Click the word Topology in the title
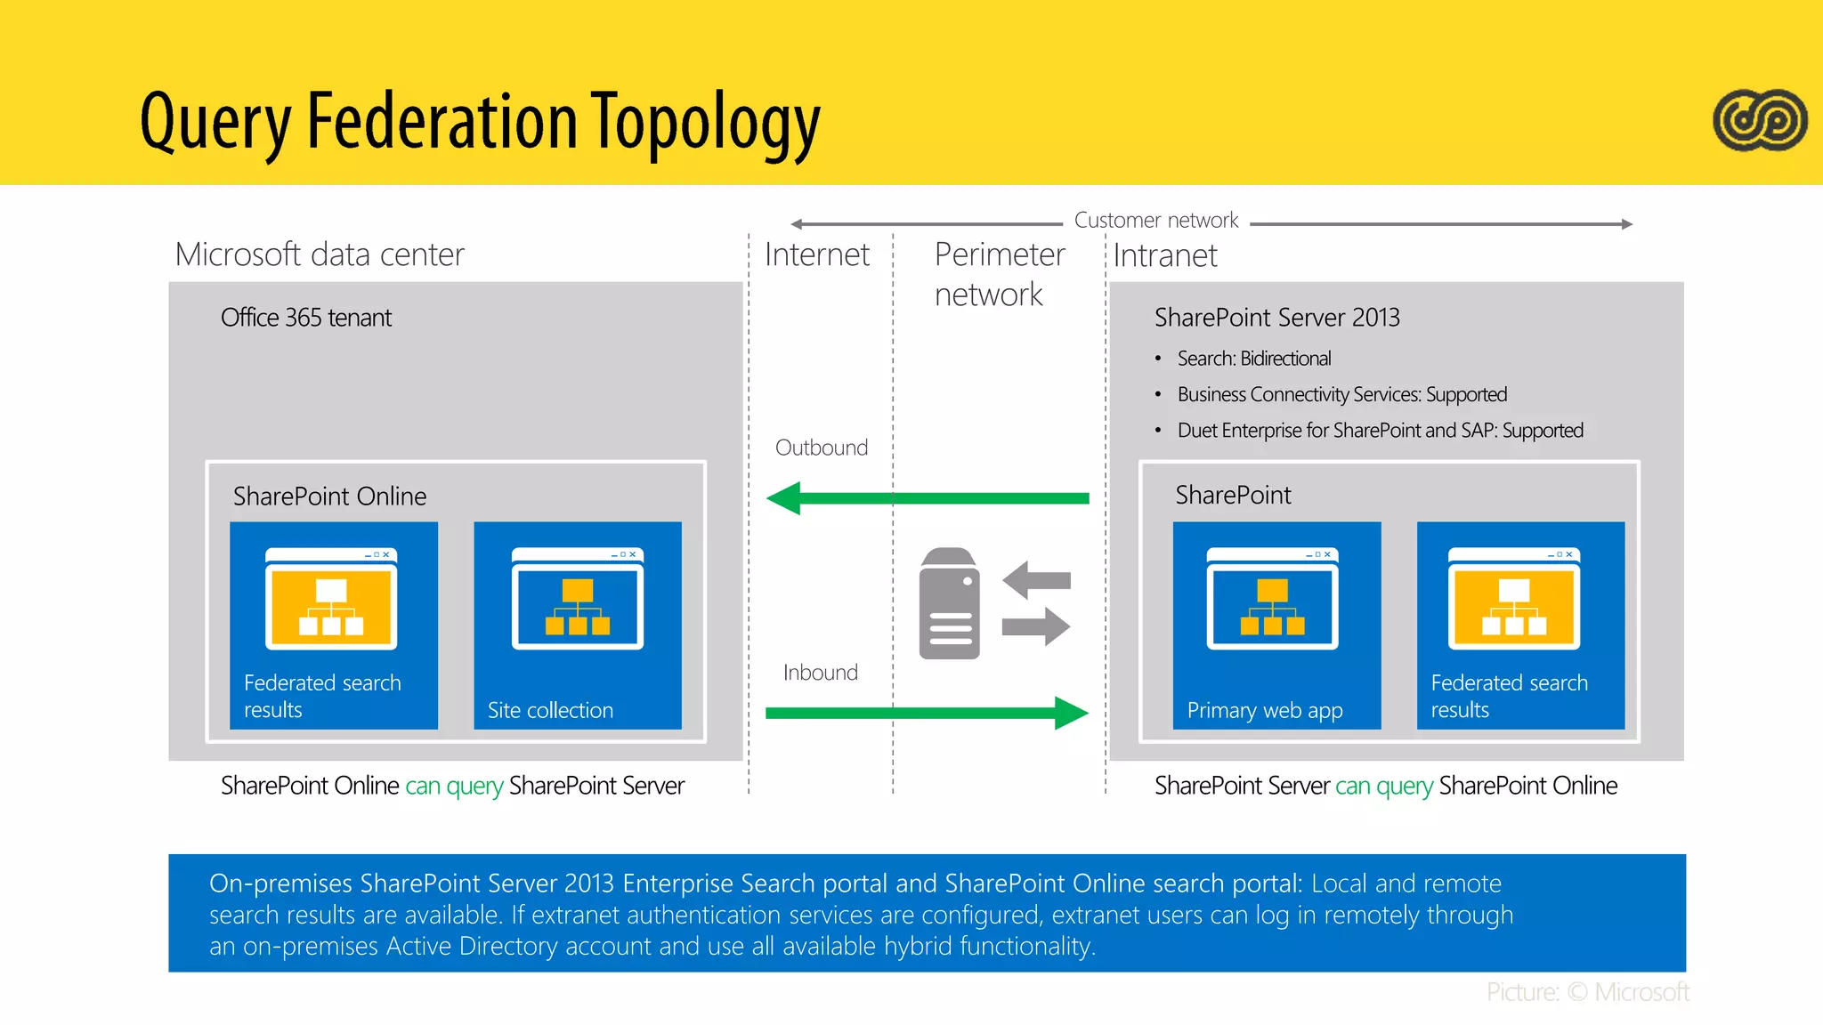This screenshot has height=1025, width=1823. (705, 123)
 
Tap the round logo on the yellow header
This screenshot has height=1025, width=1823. (1759, 120)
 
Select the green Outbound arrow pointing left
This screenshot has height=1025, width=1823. (926, 498)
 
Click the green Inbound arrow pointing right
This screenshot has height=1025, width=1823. (926, 713)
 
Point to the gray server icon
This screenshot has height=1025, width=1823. (949, 603)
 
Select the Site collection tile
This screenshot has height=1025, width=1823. (578, 625)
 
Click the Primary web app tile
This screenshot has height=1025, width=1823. (1276, 625)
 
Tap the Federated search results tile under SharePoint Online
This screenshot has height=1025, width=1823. (334, 625)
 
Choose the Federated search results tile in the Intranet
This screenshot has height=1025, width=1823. (1520, 625)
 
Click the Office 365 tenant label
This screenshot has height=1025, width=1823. (306, 318)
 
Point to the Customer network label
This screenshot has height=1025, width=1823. (1155, 220)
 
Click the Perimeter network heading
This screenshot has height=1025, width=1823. (999, 274)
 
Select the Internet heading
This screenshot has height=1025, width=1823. (816, 255)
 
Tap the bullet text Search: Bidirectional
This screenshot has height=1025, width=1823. (1253, 359)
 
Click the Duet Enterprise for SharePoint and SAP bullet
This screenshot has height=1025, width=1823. (1380, 431)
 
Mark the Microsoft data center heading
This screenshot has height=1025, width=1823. (320, 254)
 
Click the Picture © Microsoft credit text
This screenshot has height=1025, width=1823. (1587, 992)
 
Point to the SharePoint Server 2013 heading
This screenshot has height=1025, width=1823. (1276, 318)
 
